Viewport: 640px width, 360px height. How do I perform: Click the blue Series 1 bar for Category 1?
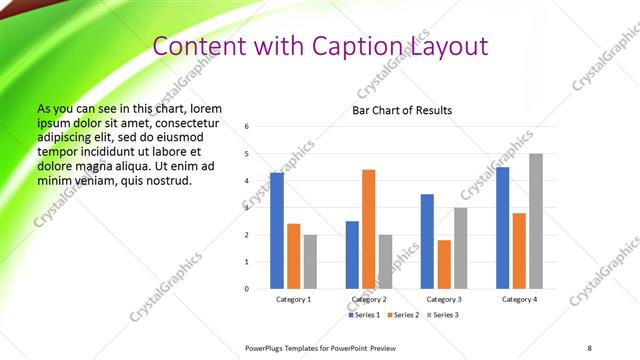tap(277, 231)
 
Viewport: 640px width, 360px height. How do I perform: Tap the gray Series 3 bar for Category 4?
tap(536, 221)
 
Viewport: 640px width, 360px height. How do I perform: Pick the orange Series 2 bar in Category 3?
tap(444, 264)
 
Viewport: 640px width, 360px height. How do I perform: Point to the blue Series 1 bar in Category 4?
tap(502, 228)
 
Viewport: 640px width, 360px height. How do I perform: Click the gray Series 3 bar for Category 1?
tap(310, 262)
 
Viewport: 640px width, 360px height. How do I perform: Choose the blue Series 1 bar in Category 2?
tap(352, 255)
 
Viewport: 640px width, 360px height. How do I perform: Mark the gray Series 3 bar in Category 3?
tap(460, 248)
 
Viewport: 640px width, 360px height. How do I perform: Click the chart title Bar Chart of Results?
tap(402, 110)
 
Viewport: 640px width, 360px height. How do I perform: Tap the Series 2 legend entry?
tap(403, 315)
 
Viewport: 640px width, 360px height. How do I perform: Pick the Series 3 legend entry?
tap(443, 315)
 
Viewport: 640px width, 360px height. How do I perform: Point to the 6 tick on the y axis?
tap(247, 127)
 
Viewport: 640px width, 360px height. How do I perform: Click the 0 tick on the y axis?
tap(247, 289)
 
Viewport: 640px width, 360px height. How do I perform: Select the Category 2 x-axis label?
tap(368, 299)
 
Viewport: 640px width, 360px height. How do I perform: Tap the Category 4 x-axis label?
tap(519, 299)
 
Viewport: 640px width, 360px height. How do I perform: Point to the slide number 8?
tap(589, 347)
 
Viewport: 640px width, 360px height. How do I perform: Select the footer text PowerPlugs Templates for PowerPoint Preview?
tap(321, 347)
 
